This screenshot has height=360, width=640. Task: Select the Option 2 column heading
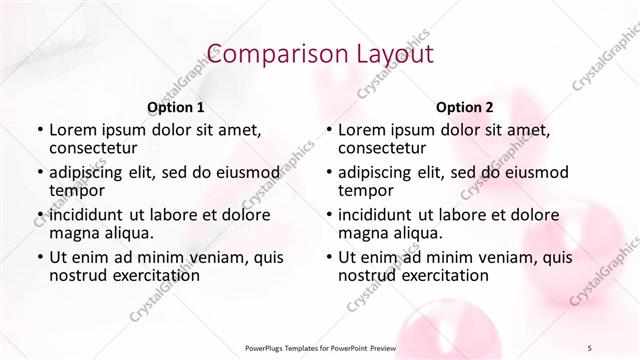pyautogui.click(x=465, y=107)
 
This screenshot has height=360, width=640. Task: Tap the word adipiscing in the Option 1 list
pyautogui.click(x=88, y=172)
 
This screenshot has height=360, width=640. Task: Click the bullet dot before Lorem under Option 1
pyautogui.click(x=39, y=130)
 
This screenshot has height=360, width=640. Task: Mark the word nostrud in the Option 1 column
pyautogui.click(x=76, y=275)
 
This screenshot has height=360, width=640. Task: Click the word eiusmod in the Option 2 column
pyautogui.click(x=528, y=172)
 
